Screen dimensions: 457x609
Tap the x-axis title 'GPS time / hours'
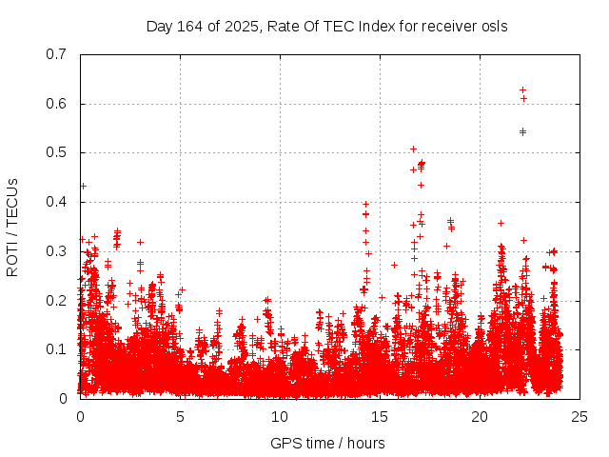click(x=327, y=443)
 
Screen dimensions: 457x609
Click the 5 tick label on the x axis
click(x=180, y=417)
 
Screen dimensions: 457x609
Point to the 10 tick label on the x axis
click(x=280, y=417)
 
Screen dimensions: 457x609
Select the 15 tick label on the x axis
click(x=380, y=417)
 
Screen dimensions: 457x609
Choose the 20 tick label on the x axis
click(x=480, y=417)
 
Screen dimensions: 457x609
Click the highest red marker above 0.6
click(x=522, y=89)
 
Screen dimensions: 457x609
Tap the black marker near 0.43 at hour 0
click(x=83, y=186)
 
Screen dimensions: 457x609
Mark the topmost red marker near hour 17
click(x=413, y=149)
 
